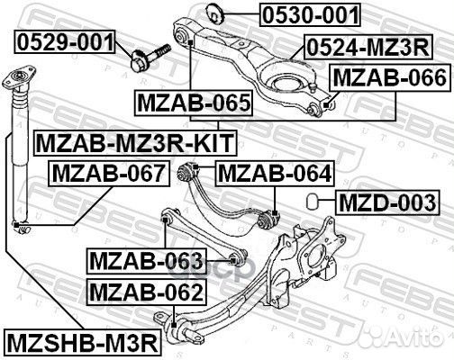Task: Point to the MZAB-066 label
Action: point(388,78)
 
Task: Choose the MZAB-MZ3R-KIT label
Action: point(133,141)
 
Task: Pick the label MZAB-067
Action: point(108,172)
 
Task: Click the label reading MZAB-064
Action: point(275,172)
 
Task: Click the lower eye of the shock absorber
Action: point(17,224)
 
